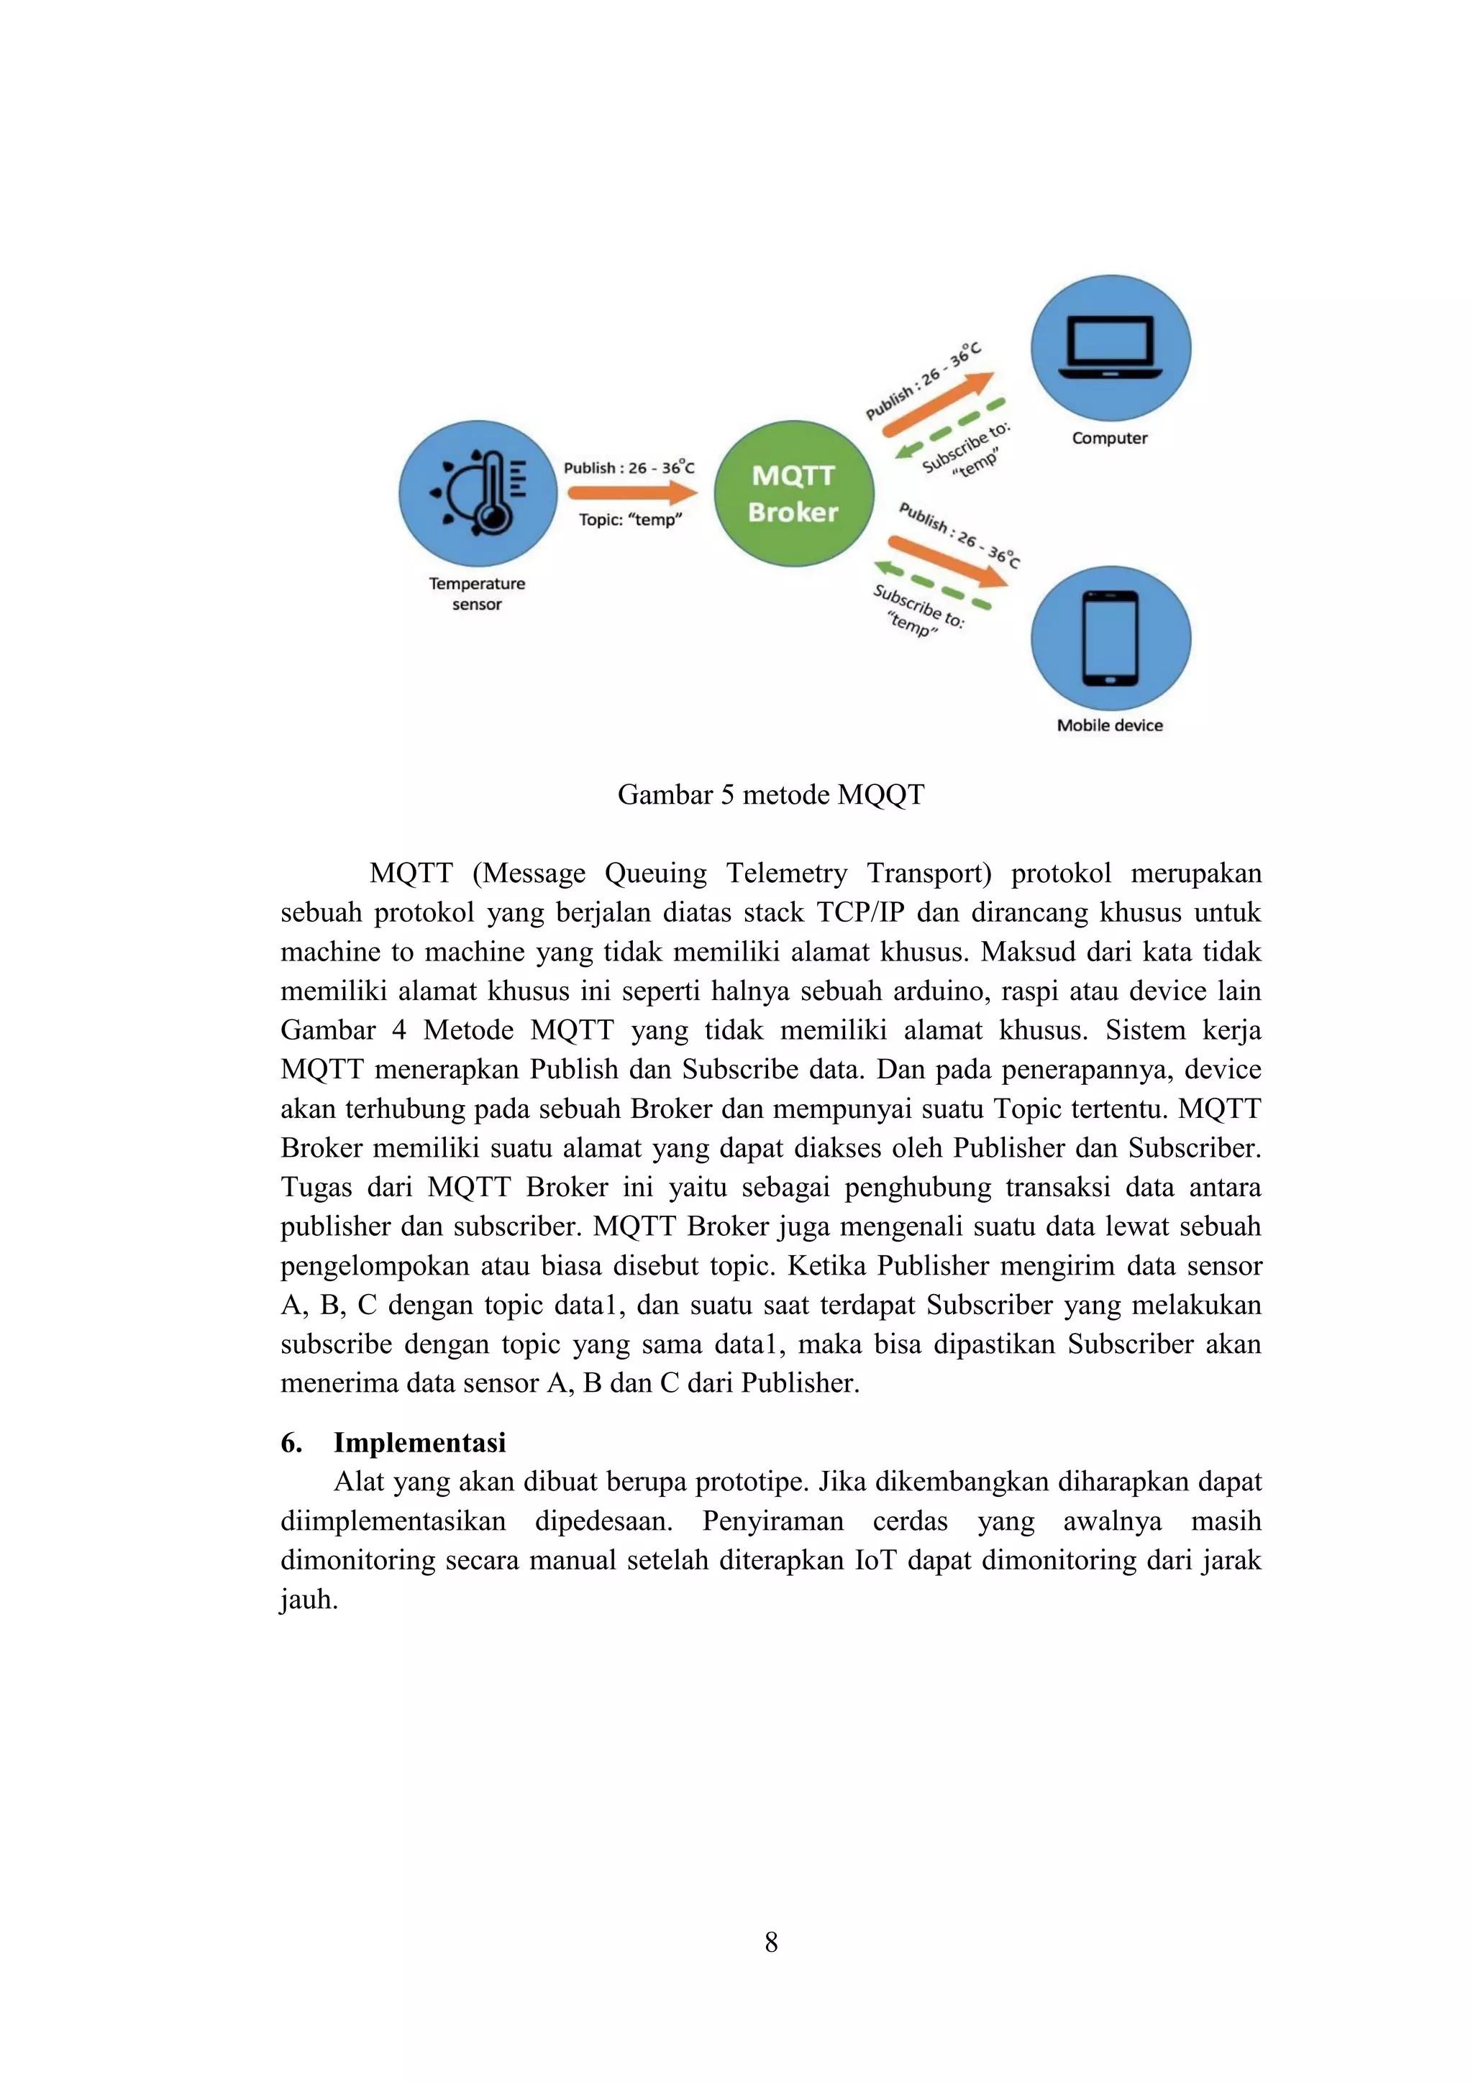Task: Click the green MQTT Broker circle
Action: (x=793, y=493)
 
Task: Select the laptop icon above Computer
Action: (x=1111, y=348)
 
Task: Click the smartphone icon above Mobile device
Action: (x=1111, y=638)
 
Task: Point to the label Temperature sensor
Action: (x=477, y=594)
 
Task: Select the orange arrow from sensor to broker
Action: (x=632, y=493)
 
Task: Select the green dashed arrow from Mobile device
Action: (x=931, y=586)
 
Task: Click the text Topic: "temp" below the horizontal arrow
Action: (x=630, y=520)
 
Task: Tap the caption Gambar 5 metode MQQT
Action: (x=771, y=795)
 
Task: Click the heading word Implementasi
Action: (x=419, y=1443)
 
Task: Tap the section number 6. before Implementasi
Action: (x=291, y=1443)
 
